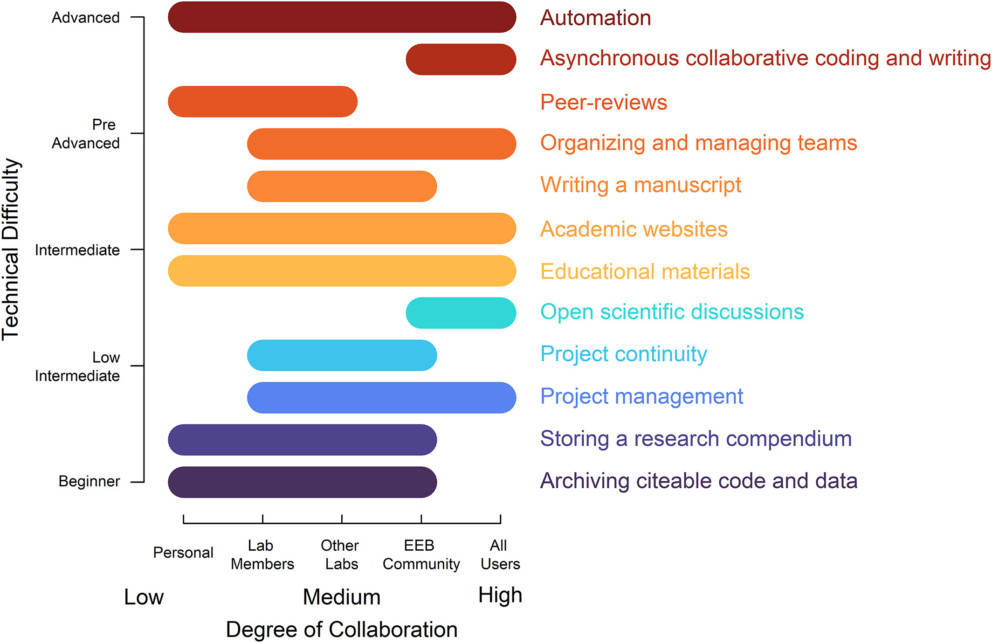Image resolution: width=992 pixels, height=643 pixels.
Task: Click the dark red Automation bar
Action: point(342,17)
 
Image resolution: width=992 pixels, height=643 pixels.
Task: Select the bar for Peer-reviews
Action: point(262,102)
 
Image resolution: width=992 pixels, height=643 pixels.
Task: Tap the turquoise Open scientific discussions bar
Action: point(461,313)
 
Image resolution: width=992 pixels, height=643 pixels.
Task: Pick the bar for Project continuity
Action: point(342,355)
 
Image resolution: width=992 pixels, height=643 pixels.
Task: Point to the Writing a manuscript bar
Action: point(342,187)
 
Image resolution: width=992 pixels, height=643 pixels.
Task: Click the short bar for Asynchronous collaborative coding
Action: point(461,59)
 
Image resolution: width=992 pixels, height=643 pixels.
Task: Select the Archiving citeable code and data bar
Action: point(302,482)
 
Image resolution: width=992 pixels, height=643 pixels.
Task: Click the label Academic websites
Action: point(634,229)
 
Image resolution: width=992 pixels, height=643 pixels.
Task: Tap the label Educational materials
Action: point(645,271)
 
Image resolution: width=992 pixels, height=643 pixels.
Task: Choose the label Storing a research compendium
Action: point(696,439)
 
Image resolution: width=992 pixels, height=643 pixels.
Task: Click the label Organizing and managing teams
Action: point(698,143)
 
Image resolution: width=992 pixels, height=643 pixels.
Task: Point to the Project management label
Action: point(641,396)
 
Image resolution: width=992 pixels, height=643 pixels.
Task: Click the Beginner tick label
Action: point(89,481)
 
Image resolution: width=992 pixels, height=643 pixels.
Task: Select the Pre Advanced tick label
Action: point(86,134)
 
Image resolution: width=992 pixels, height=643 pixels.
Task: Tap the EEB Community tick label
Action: point(421,554)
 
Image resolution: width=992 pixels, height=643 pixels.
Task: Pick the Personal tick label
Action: point(183,553)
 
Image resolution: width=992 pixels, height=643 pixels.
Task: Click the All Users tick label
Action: point(500,554)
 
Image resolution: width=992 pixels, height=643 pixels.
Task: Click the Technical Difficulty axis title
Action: point(11,249)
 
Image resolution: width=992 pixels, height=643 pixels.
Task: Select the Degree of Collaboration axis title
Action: point(341,629)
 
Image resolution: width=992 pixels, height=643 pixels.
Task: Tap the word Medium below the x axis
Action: point(341,597)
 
